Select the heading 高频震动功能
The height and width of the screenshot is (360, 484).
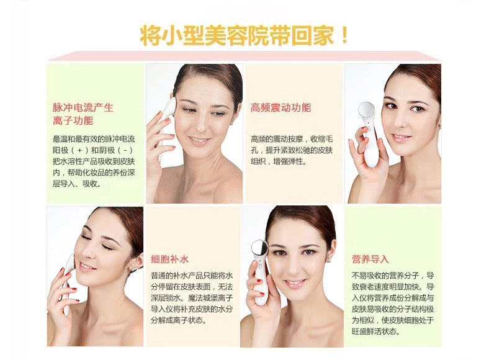pyautogui.click(x=280, y=108)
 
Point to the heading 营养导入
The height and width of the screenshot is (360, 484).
pyautogui.click(x=370, y=259)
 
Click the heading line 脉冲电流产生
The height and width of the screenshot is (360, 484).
pyautogui.click(x=83, y=107)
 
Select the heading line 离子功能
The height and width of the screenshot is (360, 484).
pyautogui.click(x=73, y=121)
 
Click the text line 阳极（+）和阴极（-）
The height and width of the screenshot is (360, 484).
pyautogui.click(x=93, y=150)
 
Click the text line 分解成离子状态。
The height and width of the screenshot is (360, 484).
pyautogui.click(x=179, y=320)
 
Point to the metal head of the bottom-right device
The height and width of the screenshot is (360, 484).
pyautogui.click(x=259, y=248)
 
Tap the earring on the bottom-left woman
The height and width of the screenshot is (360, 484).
pyautogui.click(x=133, y=270)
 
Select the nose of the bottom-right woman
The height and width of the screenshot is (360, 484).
pyautogui.click(x=292, y=265)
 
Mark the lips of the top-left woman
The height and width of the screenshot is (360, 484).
pyautogui.click(x=199, y=140)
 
